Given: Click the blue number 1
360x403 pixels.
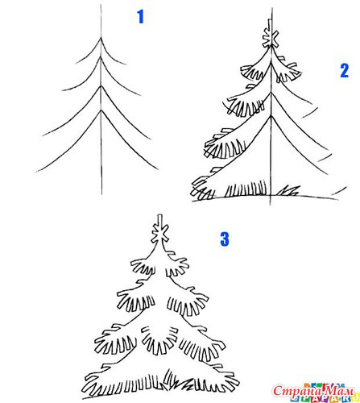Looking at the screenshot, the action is click(141, 17).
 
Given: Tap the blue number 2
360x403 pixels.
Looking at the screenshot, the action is click(345, 71).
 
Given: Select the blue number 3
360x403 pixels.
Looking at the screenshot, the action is click(225, 239).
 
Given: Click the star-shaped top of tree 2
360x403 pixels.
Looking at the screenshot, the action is click(271, 39).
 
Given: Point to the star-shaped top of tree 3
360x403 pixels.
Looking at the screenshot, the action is click(160, 233).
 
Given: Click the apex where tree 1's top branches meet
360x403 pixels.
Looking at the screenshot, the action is click(101, 38).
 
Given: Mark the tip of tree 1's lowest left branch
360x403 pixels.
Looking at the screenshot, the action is click(36, 172).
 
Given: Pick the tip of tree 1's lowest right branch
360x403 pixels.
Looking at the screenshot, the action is click(158, 169).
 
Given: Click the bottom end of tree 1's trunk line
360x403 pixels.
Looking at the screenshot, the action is click(101, 194).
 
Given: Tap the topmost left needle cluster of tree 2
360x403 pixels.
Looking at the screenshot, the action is click(251, 72).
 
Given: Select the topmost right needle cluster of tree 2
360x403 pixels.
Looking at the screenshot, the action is click(288, 70).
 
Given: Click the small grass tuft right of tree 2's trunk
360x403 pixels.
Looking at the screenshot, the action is click(288, 191).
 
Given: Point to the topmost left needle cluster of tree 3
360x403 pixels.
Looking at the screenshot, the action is click(143, 267).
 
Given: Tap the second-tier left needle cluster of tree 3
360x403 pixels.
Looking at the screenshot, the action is click(136, 299).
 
